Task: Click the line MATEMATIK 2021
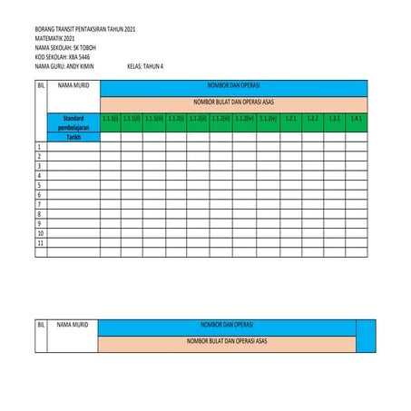55,39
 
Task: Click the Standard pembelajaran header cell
73,123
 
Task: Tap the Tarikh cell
73,138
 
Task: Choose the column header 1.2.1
290,119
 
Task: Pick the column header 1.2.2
312,119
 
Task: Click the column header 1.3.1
334,119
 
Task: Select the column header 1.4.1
356,119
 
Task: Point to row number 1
39,147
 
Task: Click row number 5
39,195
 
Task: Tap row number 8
39,224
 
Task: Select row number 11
40,243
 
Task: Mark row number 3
39,166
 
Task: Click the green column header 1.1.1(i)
110,119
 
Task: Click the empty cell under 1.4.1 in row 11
356,243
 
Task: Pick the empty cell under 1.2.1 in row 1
290,147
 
